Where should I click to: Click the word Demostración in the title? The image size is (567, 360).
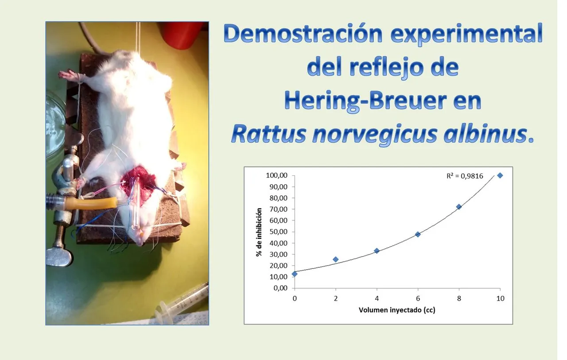tap(303, 34)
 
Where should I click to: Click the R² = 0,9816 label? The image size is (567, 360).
tap(465, 176)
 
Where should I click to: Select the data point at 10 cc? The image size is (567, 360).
tap(500, 175)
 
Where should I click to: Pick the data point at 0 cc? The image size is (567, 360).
tap(295, 274)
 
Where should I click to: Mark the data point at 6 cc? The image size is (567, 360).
tap(418, 234)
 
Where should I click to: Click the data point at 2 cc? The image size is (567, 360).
tap(336, 259)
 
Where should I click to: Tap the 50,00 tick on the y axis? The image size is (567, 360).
tap(279, 232)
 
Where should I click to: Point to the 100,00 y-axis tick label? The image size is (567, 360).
tap(277, 175)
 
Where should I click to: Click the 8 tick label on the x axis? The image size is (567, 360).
tap(459, 298)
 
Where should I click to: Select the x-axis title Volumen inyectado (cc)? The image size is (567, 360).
tap(397, 310)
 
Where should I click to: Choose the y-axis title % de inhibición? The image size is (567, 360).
tap(259, 232)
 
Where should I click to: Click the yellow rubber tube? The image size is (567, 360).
tap(91, 203)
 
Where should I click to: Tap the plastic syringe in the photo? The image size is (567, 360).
tap(182, 303)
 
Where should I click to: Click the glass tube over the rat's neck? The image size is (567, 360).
tap(136, 204)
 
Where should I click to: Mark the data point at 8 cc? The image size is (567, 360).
tap(459, 207)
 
